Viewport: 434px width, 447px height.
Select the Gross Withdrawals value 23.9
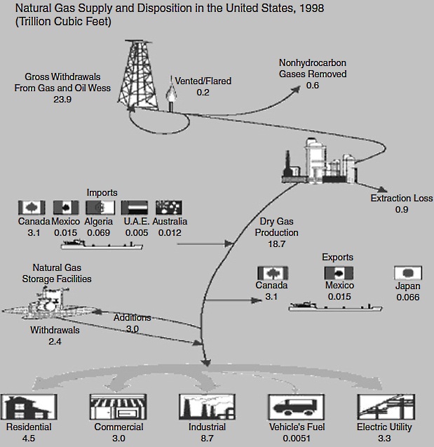click(62, 100)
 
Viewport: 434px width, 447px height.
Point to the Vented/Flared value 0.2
click(203, 92)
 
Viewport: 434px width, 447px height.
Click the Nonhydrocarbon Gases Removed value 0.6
click(313, 85)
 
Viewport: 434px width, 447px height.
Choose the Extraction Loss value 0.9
click(402, 209)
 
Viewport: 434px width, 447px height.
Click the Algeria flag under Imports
click(99, 208)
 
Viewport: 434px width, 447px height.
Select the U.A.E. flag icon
click(134, 208)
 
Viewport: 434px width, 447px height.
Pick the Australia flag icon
click(168, 208)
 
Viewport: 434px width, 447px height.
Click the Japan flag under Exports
click(407, 274)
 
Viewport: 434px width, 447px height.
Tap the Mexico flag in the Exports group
click(339, 274)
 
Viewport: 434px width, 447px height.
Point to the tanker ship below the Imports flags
click(102, 246)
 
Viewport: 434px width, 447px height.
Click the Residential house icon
click(28, 407)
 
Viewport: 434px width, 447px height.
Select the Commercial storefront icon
click(118, 407)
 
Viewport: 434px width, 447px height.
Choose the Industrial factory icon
click(206, 408)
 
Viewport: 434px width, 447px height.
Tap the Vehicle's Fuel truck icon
click(294, 408)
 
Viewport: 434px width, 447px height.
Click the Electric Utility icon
click(384, 407)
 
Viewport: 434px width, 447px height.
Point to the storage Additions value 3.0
click(133, 328)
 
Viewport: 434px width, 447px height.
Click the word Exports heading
click(337, 257)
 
